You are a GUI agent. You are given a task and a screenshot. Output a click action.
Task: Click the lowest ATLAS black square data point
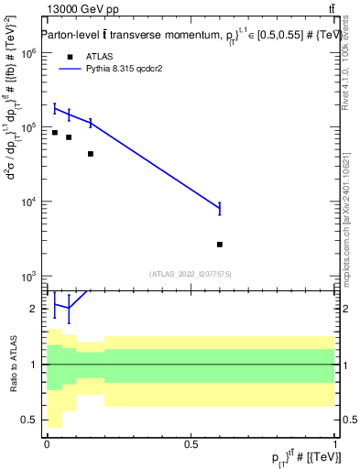[x=220, y=245]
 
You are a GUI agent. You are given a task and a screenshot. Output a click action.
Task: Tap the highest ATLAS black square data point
[x=55, y=133]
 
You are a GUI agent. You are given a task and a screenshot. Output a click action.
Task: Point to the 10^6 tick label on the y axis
[x=27, y=53]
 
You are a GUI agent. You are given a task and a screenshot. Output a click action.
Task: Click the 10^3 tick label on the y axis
[x=27, y=277]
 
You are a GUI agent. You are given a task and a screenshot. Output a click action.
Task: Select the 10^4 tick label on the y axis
[x=27, y=202]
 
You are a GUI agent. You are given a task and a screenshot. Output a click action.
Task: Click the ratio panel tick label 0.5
[x=30, y=420]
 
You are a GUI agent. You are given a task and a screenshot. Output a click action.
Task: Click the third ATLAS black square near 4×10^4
[x=91, y=154]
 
